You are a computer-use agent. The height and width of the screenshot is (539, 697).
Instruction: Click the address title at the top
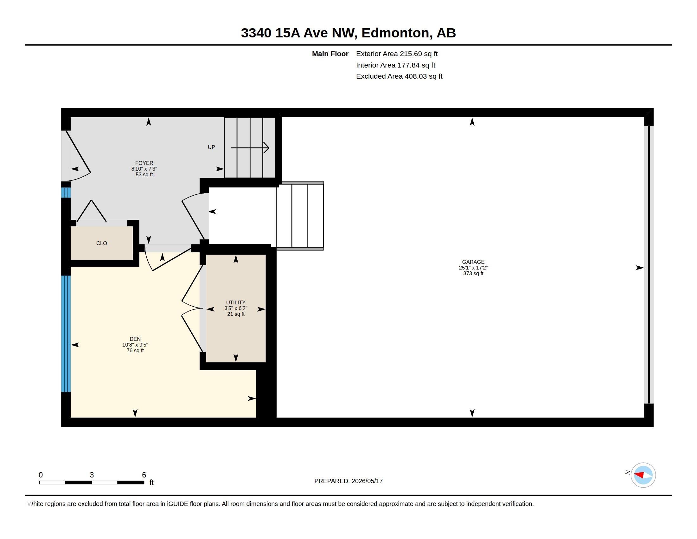point(348,33)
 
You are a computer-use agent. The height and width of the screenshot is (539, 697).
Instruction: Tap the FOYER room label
point(144,163)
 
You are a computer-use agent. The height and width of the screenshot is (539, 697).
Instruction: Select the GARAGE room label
point(473,262)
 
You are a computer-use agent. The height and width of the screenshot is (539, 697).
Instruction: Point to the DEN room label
point(135,339)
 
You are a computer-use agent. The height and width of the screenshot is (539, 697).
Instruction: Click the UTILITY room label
point(236,302)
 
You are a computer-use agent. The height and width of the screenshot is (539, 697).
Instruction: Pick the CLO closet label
point(101,243)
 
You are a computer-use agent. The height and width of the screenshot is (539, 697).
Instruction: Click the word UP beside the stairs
point(211,147)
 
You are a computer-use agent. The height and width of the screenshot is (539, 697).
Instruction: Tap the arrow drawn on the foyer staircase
point(250,147)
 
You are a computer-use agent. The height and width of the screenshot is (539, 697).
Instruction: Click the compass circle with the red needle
point(643,475)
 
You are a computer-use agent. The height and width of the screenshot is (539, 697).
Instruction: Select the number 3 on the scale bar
point(92,475)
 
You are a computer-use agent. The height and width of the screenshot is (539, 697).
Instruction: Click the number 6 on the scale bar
point(144,475)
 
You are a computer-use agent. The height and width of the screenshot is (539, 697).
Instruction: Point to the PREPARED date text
point(348,481)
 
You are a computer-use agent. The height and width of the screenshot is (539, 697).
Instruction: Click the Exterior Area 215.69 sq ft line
point(397,54)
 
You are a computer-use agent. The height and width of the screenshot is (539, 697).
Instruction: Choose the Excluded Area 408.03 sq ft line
point(399,76)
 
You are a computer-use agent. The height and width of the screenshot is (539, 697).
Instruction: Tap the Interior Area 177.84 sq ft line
point(396,65)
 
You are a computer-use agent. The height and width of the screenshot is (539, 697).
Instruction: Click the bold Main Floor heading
point(330,54)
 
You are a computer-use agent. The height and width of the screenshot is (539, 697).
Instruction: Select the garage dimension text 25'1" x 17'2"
point(473,268)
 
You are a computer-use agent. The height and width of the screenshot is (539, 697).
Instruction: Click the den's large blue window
point(66,334)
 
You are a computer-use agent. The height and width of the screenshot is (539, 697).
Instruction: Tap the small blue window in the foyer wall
point(66,192)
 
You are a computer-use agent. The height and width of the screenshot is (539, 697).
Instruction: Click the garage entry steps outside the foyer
point(300,216)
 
